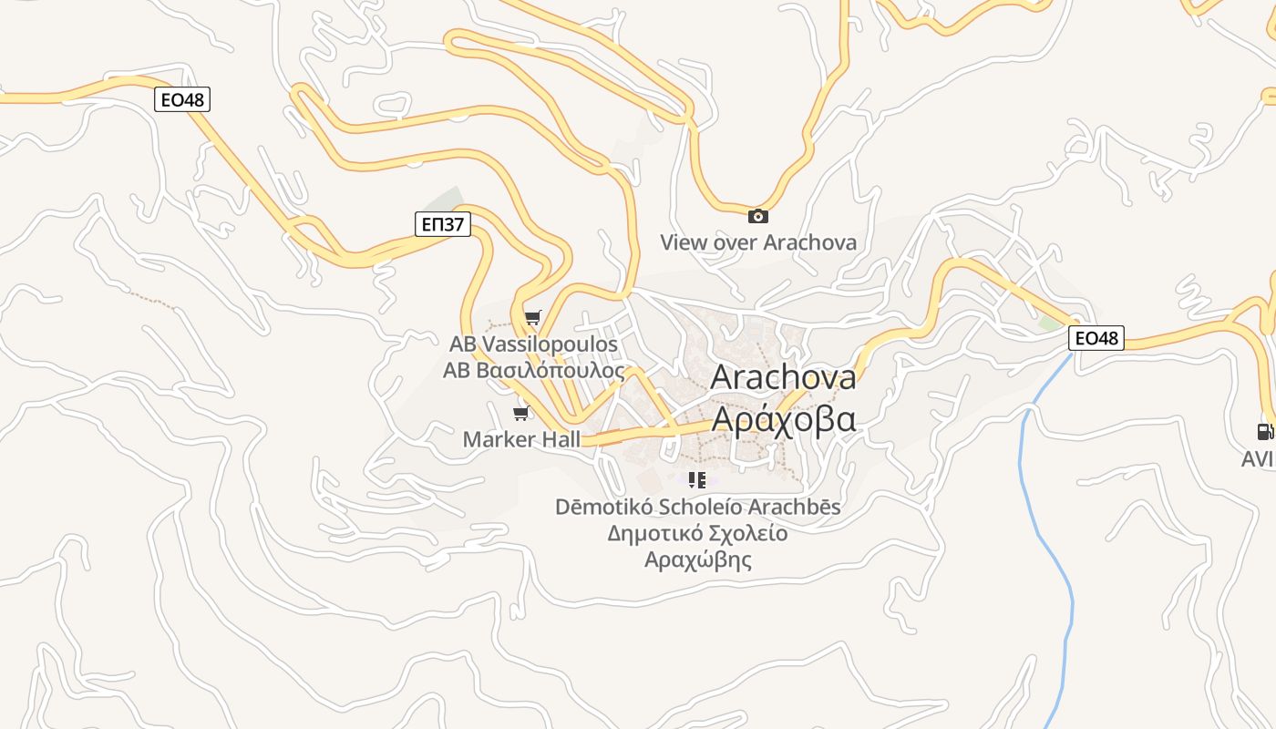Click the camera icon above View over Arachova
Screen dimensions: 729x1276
[x=757, y=216]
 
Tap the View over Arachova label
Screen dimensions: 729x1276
[x=758, y=242]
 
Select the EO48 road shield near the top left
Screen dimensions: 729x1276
[x=183, y=99]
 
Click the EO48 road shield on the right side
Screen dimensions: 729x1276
[x=1096, y=338]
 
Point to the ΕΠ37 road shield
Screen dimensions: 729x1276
[x=442, y=224]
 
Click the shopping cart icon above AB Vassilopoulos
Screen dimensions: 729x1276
[x=533, y=318]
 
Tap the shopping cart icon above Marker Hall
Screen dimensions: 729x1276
[x=521, y=414]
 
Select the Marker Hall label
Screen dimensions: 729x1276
[x=521, y=439]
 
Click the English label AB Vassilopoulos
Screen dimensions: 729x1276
[x=533, y=344]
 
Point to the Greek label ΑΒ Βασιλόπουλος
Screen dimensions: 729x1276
[x=534, y=371]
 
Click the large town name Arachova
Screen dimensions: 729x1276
[x=783, y=376]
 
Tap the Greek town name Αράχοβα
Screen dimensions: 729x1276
[x=783, y=419]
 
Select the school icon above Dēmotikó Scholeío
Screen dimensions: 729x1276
[x=697, y=479]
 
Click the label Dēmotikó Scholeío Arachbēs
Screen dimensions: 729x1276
[x=698, y=507]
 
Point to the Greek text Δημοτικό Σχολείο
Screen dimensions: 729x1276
[x=698, y=533]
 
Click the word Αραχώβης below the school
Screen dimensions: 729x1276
[x=698, y=560]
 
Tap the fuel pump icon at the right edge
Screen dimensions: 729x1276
[x=1264, y=432]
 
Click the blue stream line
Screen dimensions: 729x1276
[x=1057, y=565]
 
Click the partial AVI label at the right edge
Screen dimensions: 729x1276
[x=1258, y=459]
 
